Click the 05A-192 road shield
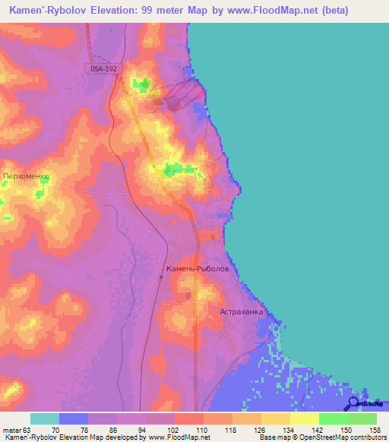[x=99, y=68]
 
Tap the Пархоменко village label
[x=27, y=176]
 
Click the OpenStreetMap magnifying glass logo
[x=354, y=404]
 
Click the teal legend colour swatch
[x=44, y=418]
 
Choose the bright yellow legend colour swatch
[x=305, y=418]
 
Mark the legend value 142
[x=318, y=429]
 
